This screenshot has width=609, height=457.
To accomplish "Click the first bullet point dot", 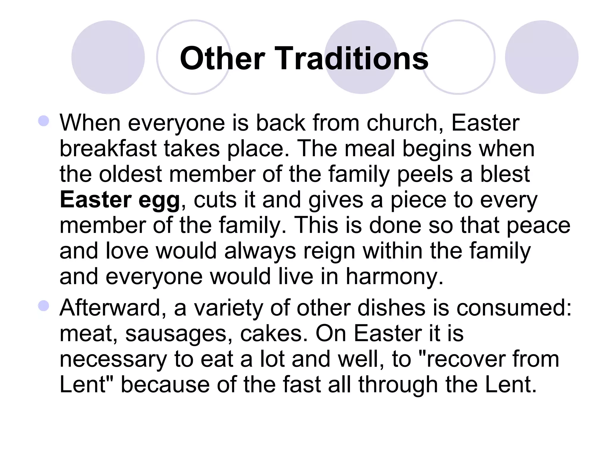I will (44, 121).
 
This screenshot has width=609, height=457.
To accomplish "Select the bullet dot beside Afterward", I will (44, 306).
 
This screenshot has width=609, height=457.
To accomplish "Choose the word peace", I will (538, 226).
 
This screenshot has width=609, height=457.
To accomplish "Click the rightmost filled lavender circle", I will (541, 57).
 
